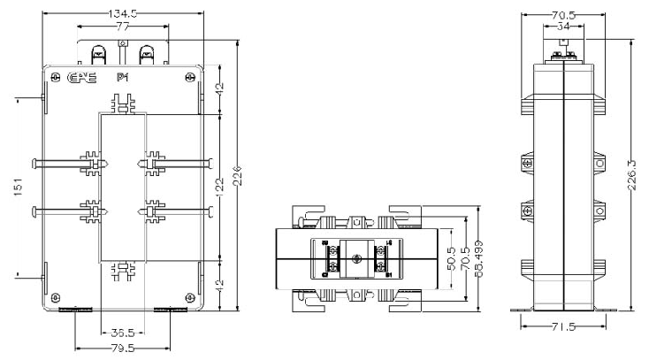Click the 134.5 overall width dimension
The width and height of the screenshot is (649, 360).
122,14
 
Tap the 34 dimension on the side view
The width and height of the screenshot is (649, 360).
563,28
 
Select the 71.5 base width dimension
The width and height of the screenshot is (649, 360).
562,326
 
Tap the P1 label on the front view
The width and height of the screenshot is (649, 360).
123,77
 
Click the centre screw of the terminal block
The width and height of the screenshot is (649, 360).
357,259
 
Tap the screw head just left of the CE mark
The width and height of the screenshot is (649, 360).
57,78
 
